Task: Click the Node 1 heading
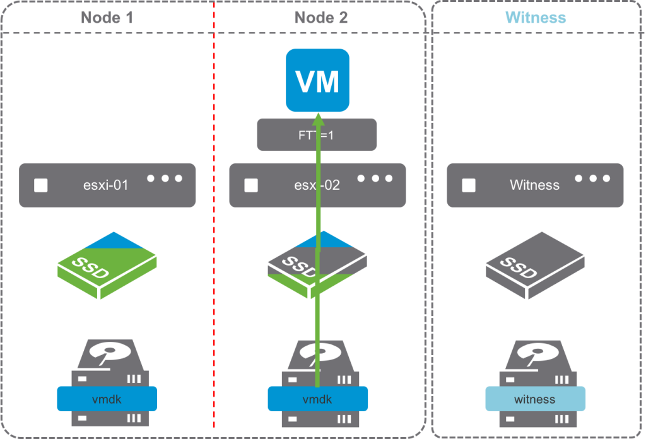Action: click(107, 17)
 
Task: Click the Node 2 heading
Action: click(320, 17)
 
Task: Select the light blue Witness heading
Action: click(536, 17)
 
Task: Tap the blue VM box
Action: click(317, 81)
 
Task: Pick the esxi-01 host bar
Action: click(107, 185)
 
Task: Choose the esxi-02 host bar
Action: click(278, 185)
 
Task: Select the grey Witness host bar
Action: click(535, 185)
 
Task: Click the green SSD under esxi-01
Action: click(107, 265)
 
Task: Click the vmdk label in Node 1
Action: click(107, 399)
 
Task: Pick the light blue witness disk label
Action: click(535, 399)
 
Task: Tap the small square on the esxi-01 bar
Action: click(41, 185)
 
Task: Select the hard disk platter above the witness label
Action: click(535, 353)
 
